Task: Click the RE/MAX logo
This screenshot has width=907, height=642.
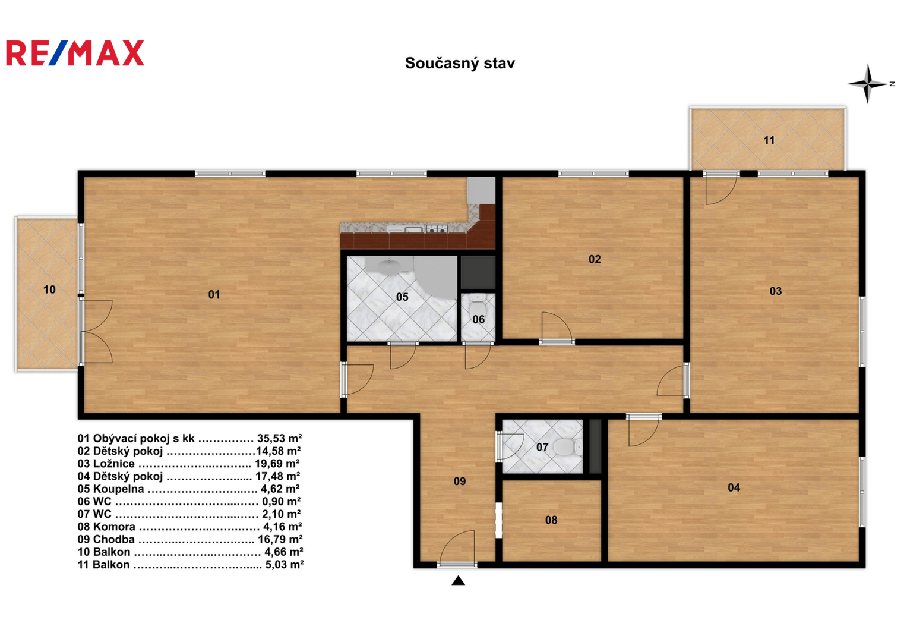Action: [x=75, y=53]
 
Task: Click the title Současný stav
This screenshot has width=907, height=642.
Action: [x=460, y=63]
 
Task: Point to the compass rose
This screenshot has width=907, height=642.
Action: [x=868, y=84]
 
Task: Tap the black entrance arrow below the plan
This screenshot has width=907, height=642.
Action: [x=458, y=581]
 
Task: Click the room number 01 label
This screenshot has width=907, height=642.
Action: [x=214, y=295]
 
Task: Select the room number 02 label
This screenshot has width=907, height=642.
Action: [x=595, y=259]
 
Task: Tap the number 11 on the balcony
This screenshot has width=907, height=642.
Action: [x=769, y=140]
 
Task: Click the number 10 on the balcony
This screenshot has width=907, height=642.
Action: [x=49, y=289]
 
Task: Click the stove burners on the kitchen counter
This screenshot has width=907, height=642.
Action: [x=437, y=229]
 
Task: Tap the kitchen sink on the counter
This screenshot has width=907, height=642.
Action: [x=414, y=230]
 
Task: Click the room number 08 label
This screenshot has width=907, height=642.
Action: [x=551, y=520]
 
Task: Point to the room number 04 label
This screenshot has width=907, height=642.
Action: [x=734, y=487]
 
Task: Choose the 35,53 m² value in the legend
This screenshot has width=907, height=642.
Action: [x=280, y=439]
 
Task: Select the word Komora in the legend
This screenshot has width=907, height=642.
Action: [x=114, y=527]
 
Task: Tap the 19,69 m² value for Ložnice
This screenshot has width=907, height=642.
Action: [x=277, y=464]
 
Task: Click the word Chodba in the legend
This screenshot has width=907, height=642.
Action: [x=114, y=540]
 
